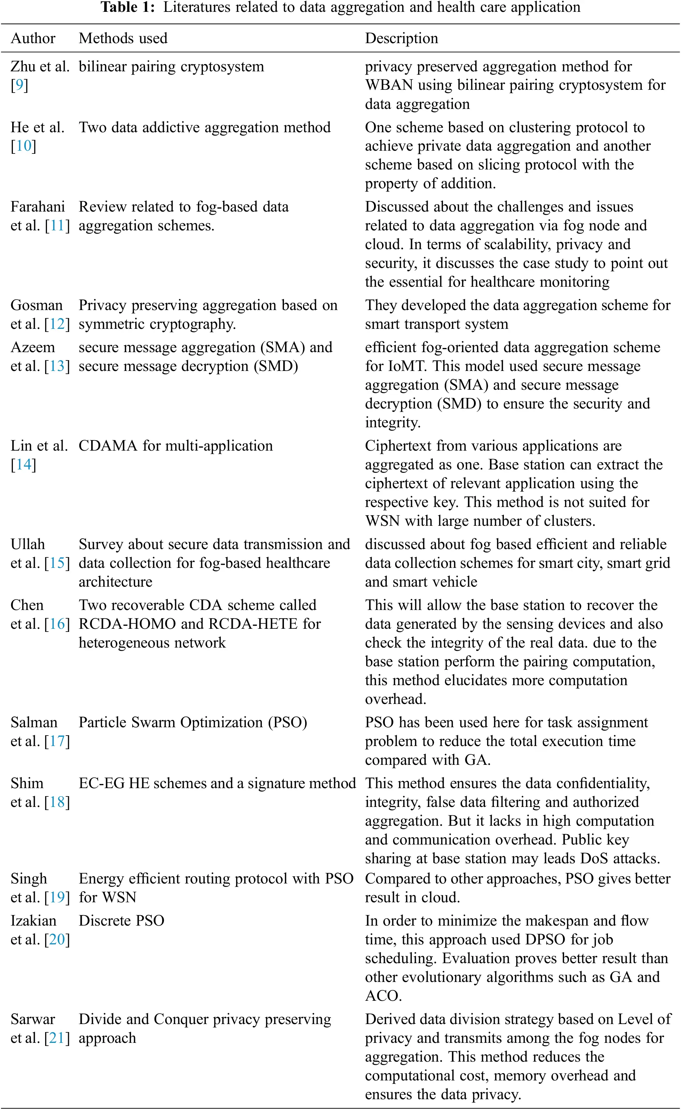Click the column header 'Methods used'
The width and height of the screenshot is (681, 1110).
pos(123,38)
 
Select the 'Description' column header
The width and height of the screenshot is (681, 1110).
pos(401,38)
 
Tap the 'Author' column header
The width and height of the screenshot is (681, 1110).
pos(33,38)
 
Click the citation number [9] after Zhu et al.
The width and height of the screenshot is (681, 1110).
pos(19,85)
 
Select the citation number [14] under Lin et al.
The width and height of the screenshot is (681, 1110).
pos(23,465)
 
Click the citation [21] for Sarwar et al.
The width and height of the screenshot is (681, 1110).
pos(57,1038)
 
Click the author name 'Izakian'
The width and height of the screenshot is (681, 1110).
pos(33,921)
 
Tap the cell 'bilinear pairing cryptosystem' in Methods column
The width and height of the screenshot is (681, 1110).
pos(171,67)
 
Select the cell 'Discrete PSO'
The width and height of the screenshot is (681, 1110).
pos(121,921)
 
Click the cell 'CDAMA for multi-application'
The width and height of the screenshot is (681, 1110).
pos(176,446)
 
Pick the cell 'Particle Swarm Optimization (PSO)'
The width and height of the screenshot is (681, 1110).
pos(193,723)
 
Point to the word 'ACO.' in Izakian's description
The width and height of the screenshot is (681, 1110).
pos(383,996)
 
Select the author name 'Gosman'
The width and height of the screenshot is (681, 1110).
pos(37,306)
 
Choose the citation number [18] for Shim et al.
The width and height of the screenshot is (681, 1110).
pos(57,802)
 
